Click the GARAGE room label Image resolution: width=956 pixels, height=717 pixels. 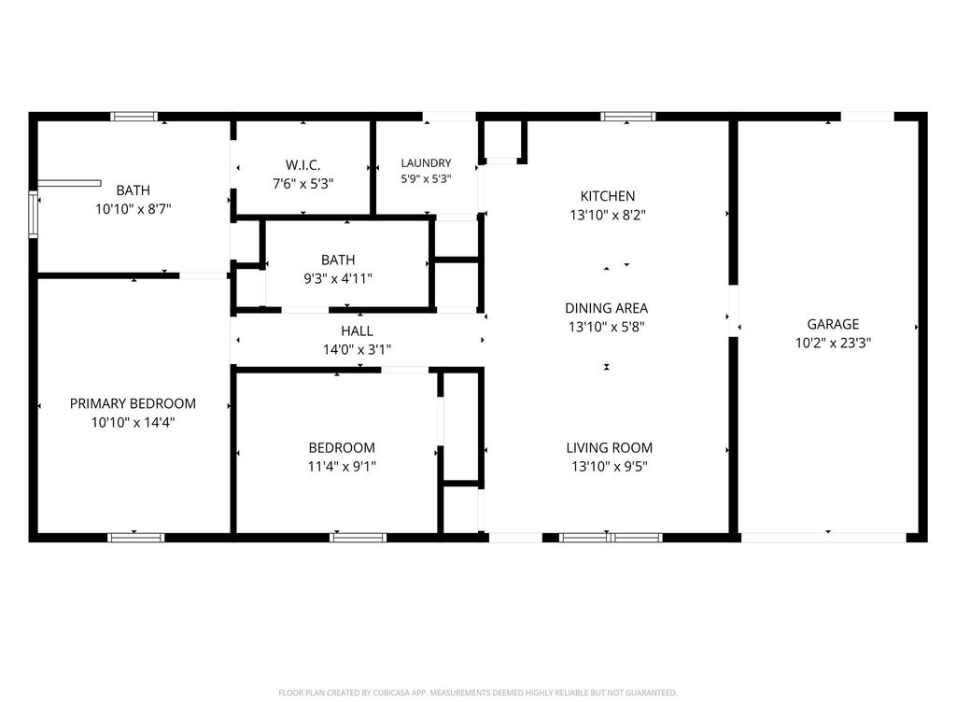click(833, 324)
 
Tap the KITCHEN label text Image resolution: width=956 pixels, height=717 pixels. click(607, 196)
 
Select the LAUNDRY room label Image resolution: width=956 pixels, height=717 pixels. click(426, 162)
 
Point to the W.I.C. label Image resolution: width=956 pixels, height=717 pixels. click(303, 165)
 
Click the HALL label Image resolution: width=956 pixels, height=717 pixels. click(357, 331)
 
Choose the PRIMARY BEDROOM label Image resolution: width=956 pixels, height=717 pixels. click(133, 403)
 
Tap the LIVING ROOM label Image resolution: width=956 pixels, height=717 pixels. click(609, 448)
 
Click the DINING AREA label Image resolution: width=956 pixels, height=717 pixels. click(607, 308)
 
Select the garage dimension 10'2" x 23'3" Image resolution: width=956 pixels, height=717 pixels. click(833, 343)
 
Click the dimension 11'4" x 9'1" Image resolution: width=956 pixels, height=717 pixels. click(342, 467)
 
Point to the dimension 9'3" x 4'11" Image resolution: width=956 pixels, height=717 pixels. click(338, 279)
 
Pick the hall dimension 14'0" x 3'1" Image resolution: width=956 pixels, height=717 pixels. click(357, 350)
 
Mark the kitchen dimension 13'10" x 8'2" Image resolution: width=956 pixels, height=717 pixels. click(607, 216)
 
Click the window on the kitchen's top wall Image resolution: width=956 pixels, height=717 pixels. click(628, 117)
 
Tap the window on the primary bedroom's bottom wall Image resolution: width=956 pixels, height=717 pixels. click(136, 538)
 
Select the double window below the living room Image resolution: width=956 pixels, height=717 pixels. click(611, 538)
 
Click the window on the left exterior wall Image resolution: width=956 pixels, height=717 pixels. click(34, 214)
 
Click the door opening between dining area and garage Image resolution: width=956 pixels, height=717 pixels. click(734, 310)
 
